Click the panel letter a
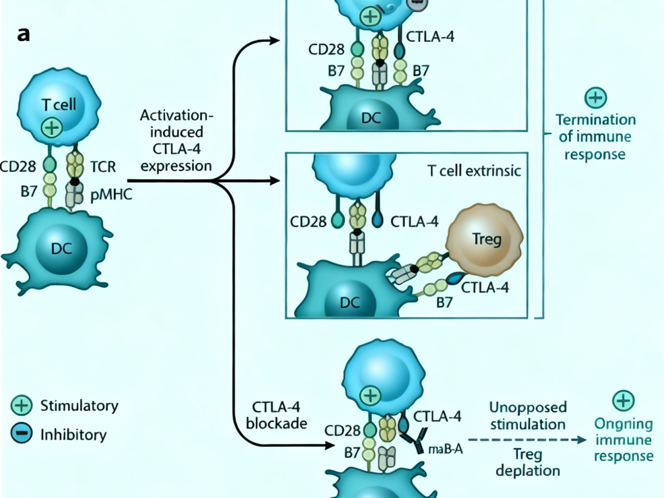[24, 34]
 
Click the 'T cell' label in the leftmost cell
[59, 104]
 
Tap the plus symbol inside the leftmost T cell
[51, 127]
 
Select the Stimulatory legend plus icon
[22, 406]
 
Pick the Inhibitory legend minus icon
[22, 434]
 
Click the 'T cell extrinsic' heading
[474, 171]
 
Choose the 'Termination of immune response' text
[595, 137]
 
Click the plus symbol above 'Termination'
[595, 98]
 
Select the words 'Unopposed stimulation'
[528, 416]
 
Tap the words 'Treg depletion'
[528, 462]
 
